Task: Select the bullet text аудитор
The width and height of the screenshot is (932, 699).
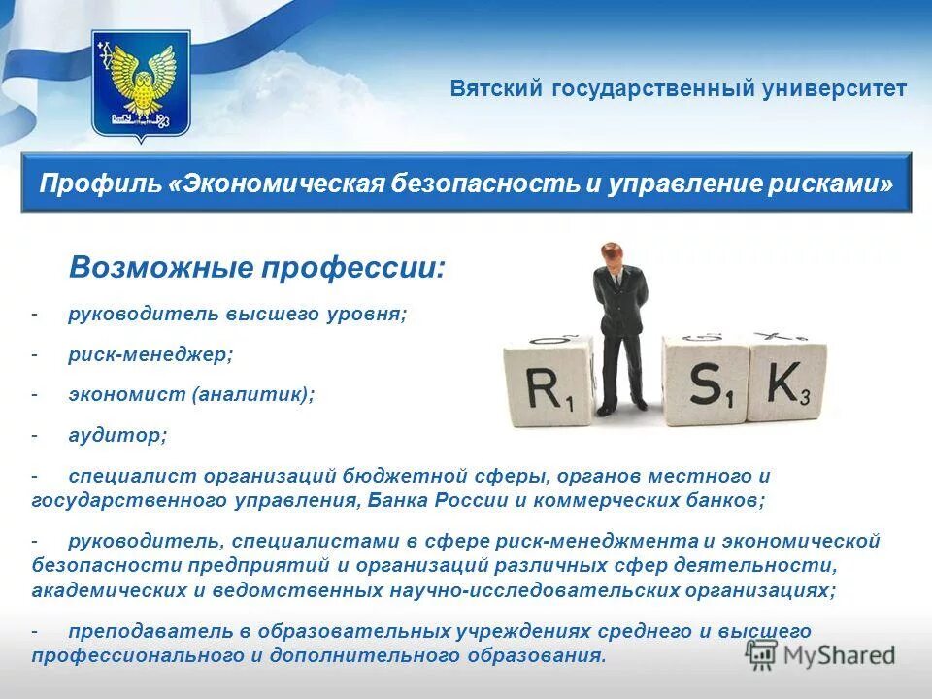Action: point(117,436)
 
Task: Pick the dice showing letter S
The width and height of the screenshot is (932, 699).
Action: point(707,381)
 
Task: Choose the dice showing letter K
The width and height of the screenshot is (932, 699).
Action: point(788,381)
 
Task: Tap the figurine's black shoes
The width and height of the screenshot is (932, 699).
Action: point(621,408)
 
